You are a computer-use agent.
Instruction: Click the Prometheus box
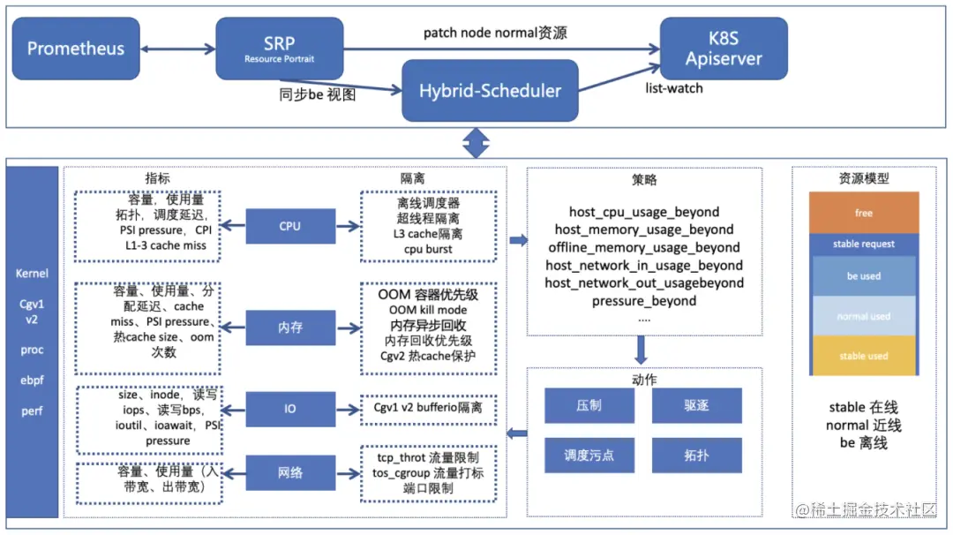[x=76, y=49]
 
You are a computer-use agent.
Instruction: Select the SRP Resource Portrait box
[x=279, y=49]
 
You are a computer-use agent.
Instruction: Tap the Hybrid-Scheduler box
[x=490, y=91]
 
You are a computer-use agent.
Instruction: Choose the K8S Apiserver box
[x=724, y=49]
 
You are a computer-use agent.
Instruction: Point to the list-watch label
[x=674, y=88]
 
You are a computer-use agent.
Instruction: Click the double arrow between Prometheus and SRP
[x=178, y=49]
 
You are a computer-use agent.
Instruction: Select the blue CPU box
[x=289, y=226]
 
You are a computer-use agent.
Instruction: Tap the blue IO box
[x=289, y=410]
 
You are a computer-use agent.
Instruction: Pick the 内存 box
[x=289, y=327]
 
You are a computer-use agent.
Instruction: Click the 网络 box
[x=289, y=472]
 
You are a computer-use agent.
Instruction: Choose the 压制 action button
[x=589, y=405]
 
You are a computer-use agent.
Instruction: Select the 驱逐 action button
[x=696, y=405]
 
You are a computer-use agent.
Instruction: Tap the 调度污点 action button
[x=589, y=456]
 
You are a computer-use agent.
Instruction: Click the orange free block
[x=864, y=213]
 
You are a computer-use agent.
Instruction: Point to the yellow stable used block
[x=864, y=356]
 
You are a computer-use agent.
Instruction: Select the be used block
[x=864, y=275]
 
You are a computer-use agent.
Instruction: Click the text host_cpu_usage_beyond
[x=644, y=212]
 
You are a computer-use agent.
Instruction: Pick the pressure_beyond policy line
[x=644, y=301]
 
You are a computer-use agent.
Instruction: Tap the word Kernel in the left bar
[x=32, y=274]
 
